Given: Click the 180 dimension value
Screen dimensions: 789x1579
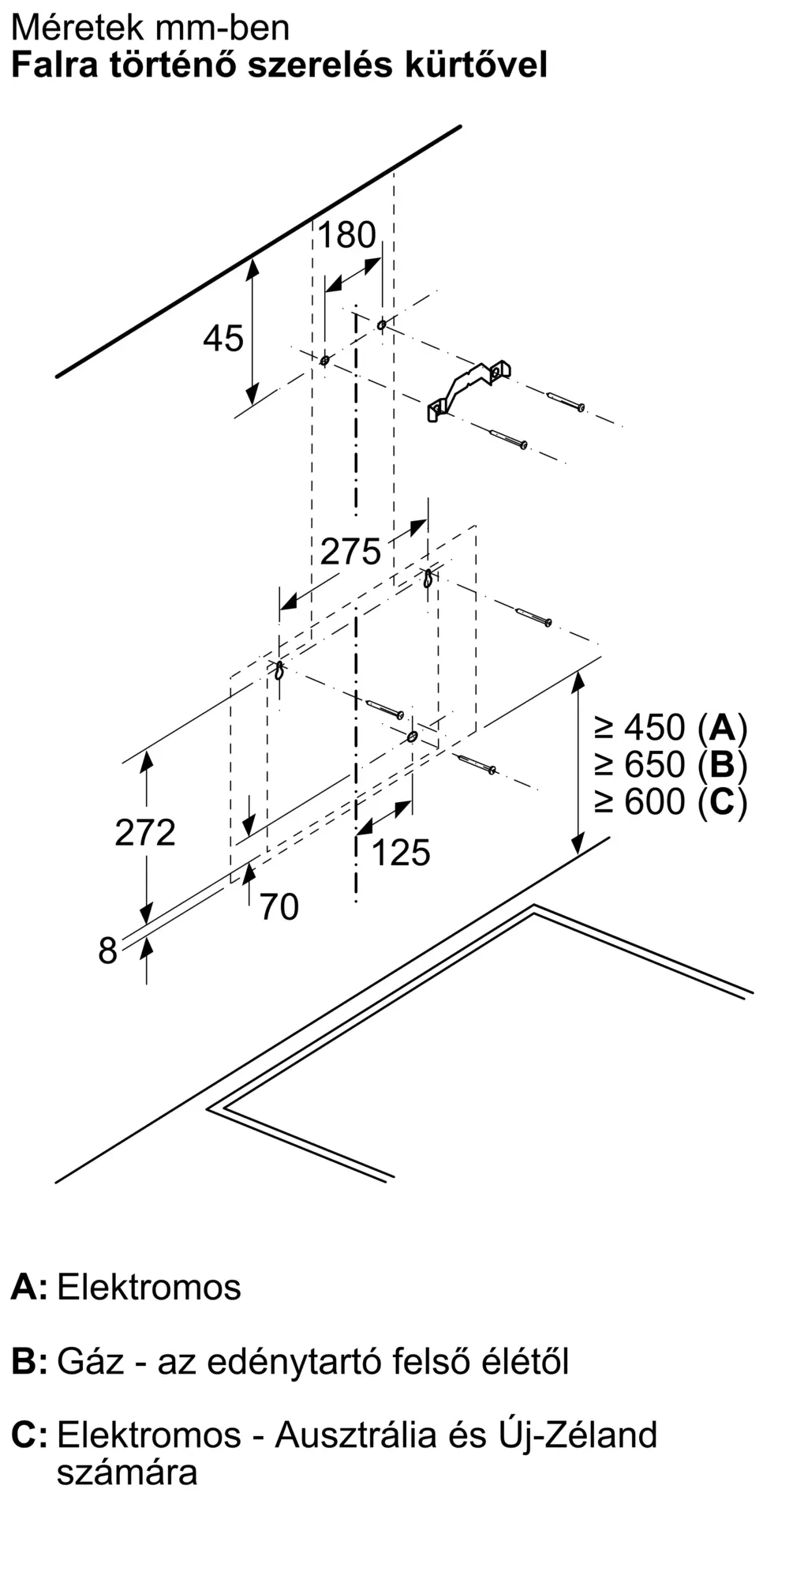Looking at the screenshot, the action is [347, 235].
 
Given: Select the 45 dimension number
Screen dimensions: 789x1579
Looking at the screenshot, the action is [223, 339].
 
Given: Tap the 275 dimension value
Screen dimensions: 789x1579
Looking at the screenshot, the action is [350, 551].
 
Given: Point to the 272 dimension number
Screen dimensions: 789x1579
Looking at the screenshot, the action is [145, 833].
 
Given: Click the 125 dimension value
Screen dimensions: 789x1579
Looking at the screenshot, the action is [401, 853].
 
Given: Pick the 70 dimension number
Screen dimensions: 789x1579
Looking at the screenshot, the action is [279, 907].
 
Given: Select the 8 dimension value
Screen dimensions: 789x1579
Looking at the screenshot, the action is [107, 951].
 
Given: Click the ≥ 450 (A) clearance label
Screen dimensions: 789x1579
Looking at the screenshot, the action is [671, 727].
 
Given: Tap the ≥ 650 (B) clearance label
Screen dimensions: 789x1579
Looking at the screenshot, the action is [671, 764].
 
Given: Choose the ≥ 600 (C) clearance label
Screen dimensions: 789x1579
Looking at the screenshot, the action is [671, 801].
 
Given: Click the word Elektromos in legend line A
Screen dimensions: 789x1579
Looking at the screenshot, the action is [149, 1288].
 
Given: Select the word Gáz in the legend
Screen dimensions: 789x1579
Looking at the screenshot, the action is [91, 1362].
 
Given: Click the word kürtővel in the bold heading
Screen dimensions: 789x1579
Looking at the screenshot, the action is [476, 65].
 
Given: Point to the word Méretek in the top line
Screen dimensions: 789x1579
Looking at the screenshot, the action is [79, 28].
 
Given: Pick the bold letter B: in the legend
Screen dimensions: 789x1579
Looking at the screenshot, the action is [29, 1362].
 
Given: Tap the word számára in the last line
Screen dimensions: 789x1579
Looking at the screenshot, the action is [127, 1472].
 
